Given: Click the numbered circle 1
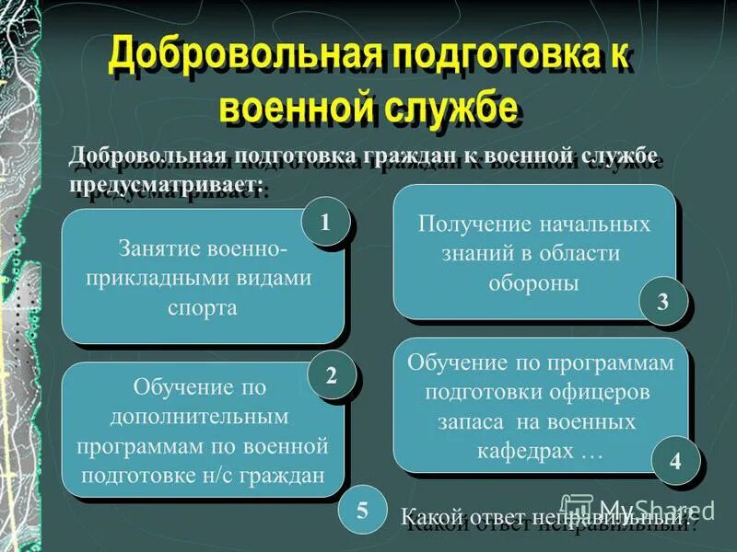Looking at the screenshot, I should point(324,222).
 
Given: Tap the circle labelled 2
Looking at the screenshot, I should point(331,375).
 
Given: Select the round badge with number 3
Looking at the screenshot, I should point(662,302).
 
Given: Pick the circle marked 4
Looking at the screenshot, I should point(675,461).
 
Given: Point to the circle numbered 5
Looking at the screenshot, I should point(361,512).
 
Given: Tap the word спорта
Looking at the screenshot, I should point(203,307).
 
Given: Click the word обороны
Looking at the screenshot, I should point(534,282).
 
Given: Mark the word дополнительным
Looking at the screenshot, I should point(200,416).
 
